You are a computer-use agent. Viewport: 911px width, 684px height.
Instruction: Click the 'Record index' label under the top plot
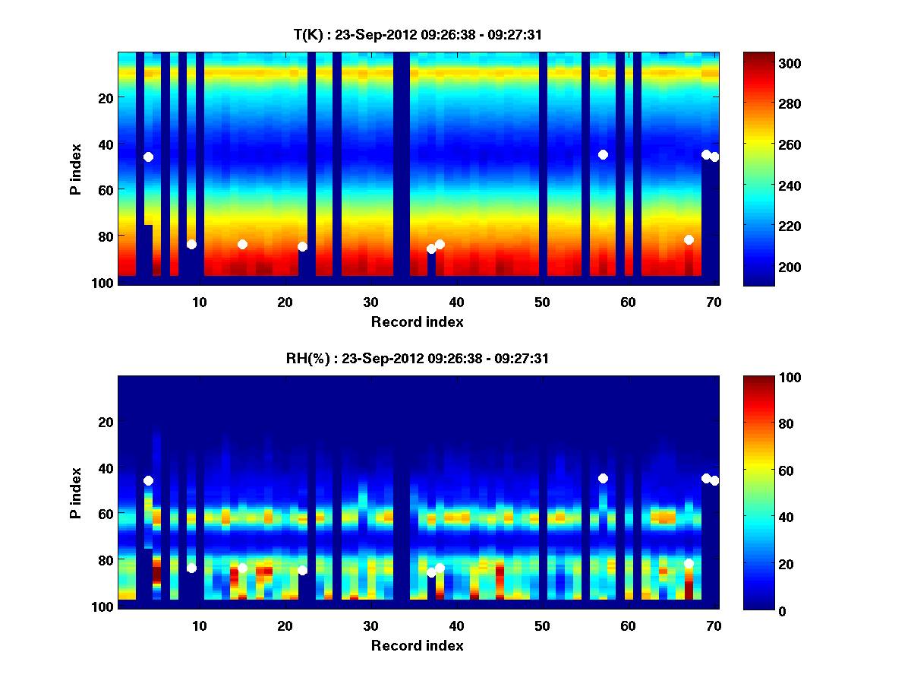tap(417, 321)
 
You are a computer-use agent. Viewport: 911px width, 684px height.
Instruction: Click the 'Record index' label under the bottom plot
tap(417, 645)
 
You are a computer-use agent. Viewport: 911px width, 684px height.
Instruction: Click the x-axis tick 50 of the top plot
tap(542, 302)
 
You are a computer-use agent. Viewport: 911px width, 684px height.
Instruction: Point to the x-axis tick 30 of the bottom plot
tap(370, 625)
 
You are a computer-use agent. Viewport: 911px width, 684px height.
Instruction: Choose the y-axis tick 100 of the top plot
tap(104, 283)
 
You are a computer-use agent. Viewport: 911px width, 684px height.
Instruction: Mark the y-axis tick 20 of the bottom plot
tap(106, 422)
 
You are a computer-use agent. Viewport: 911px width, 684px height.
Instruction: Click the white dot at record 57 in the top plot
tap(603, 154)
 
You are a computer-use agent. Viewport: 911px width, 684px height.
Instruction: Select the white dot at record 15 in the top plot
tap(242, 244)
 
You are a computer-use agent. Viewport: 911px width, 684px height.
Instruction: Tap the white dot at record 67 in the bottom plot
tap(689, 563)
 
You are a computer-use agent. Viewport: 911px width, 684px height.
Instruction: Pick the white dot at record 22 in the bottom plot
tap(302, 570)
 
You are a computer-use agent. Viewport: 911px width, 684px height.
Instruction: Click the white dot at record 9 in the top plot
tap(191, 244)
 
